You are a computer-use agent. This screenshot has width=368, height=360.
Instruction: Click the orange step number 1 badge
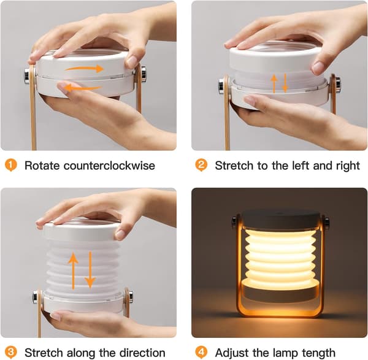11,165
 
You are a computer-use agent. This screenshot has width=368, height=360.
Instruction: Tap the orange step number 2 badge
201,165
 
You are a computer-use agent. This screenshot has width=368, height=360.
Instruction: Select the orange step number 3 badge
11,352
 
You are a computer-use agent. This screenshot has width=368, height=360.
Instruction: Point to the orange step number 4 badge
201,352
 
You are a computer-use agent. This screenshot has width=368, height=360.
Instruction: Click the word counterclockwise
109,166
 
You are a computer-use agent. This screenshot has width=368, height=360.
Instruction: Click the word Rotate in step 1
42,166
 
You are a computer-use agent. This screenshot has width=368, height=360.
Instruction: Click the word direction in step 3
142,353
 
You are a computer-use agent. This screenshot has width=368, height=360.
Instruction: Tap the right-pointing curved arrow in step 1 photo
84,69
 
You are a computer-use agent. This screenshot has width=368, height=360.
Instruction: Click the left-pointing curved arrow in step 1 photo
83,88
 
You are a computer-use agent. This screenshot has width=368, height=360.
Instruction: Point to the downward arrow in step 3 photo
90,270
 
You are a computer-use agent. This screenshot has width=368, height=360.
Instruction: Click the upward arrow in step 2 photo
274,84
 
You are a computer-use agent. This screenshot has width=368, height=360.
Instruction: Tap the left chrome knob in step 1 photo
27,75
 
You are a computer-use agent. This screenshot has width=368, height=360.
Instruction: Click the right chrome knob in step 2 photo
338,85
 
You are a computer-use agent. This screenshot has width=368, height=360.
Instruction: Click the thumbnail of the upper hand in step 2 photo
318,67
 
